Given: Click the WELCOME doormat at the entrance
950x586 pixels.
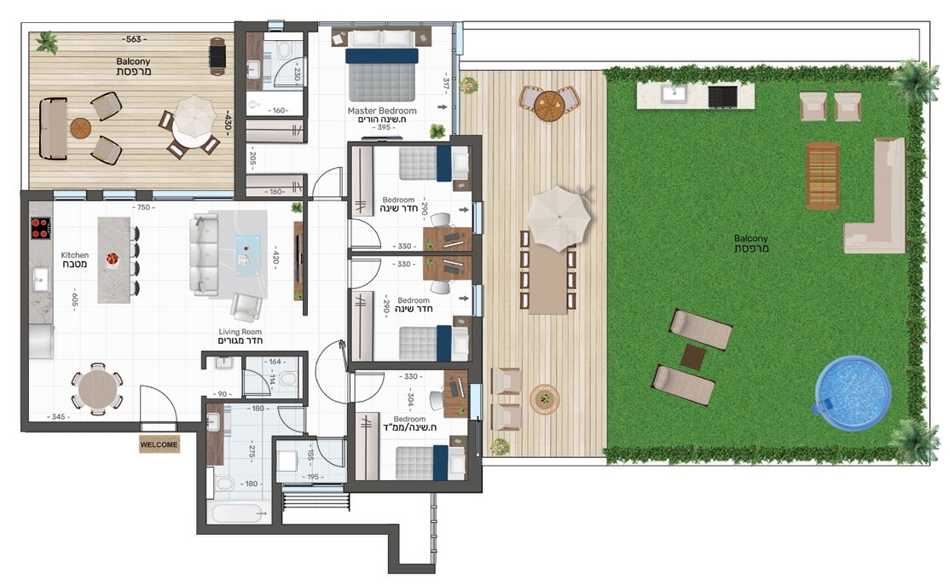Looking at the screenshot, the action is point(159,444).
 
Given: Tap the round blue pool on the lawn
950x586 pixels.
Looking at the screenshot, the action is point(853,392).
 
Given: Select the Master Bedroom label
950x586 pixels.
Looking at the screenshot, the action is point(382,111).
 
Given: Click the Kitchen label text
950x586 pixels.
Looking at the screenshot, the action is point(74,255).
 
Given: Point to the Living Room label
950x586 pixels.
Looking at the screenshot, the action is point(240,332).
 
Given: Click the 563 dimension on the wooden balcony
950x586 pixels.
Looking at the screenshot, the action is point(133,39).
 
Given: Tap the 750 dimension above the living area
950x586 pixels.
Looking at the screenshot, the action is point(143,207).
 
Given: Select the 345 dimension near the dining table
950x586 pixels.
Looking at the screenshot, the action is point(58,416).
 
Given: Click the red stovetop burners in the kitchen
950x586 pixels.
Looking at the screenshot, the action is point(41,229).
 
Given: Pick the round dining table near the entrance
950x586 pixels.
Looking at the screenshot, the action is point(97,389).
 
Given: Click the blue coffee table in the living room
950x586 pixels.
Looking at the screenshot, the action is point(248,255).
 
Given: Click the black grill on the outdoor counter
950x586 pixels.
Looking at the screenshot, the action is point(722,96).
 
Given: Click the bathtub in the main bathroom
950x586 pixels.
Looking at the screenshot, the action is point(238,513).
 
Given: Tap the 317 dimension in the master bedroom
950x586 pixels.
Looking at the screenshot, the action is point(446,84).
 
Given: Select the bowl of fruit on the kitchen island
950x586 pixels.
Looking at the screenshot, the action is point(113,258).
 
